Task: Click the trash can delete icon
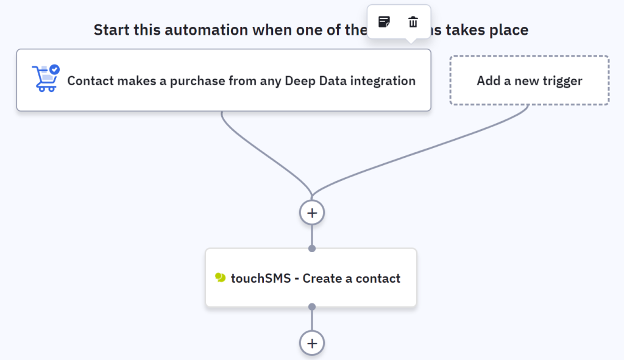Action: click(413, 23)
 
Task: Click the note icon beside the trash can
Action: click(384, 23)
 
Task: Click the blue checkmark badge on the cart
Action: click(55, 69)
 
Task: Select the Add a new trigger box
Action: click(529, 80)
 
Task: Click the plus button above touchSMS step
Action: click(312, 213)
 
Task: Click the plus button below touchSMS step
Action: click(312, 343)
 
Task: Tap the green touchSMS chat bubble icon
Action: click(221, 278)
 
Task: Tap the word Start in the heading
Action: click(110, 29)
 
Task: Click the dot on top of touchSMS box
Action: click(312, 248)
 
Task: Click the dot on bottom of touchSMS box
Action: click(312, 306)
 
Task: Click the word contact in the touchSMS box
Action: click(380, 278)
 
